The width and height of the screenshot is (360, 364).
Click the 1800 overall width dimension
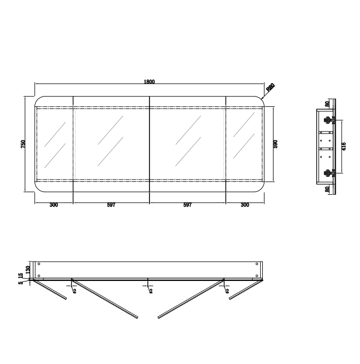click(x=149, y=81)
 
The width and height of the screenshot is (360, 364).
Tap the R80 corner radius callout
click(x=270, y=87)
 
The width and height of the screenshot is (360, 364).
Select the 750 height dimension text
click(x=23, y=144)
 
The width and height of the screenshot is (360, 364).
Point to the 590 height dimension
click(x=275, y=144)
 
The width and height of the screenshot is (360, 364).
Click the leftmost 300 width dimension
click(x=53, y=205)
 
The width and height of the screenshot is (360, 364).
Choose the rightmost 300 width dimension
click(x=244, y=205)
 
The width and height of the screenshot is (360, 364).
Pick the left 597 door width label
click(x=111, y=205)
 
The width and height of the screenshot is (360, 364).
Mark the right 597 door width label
click(x=187, y=205)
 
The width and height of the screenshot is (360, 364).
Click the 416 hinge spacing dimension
click(x=344, y=146)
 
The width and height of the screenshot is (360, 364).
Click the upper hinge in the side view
click(x=328, y=120)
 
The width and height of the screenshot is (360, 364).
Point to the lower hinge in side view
click(x=328, y=173)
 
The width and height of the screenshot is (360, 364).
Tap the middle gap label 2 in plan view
click(x=151, y=291)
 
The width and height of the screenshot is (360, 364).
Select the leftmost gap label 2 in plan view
click(x=74, y=291)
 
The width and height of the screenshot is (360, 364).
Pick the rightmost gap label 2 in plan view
click(x=227, y=291)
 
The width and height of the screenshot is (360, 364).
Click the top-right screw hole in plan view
click(x=256, y=264)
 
